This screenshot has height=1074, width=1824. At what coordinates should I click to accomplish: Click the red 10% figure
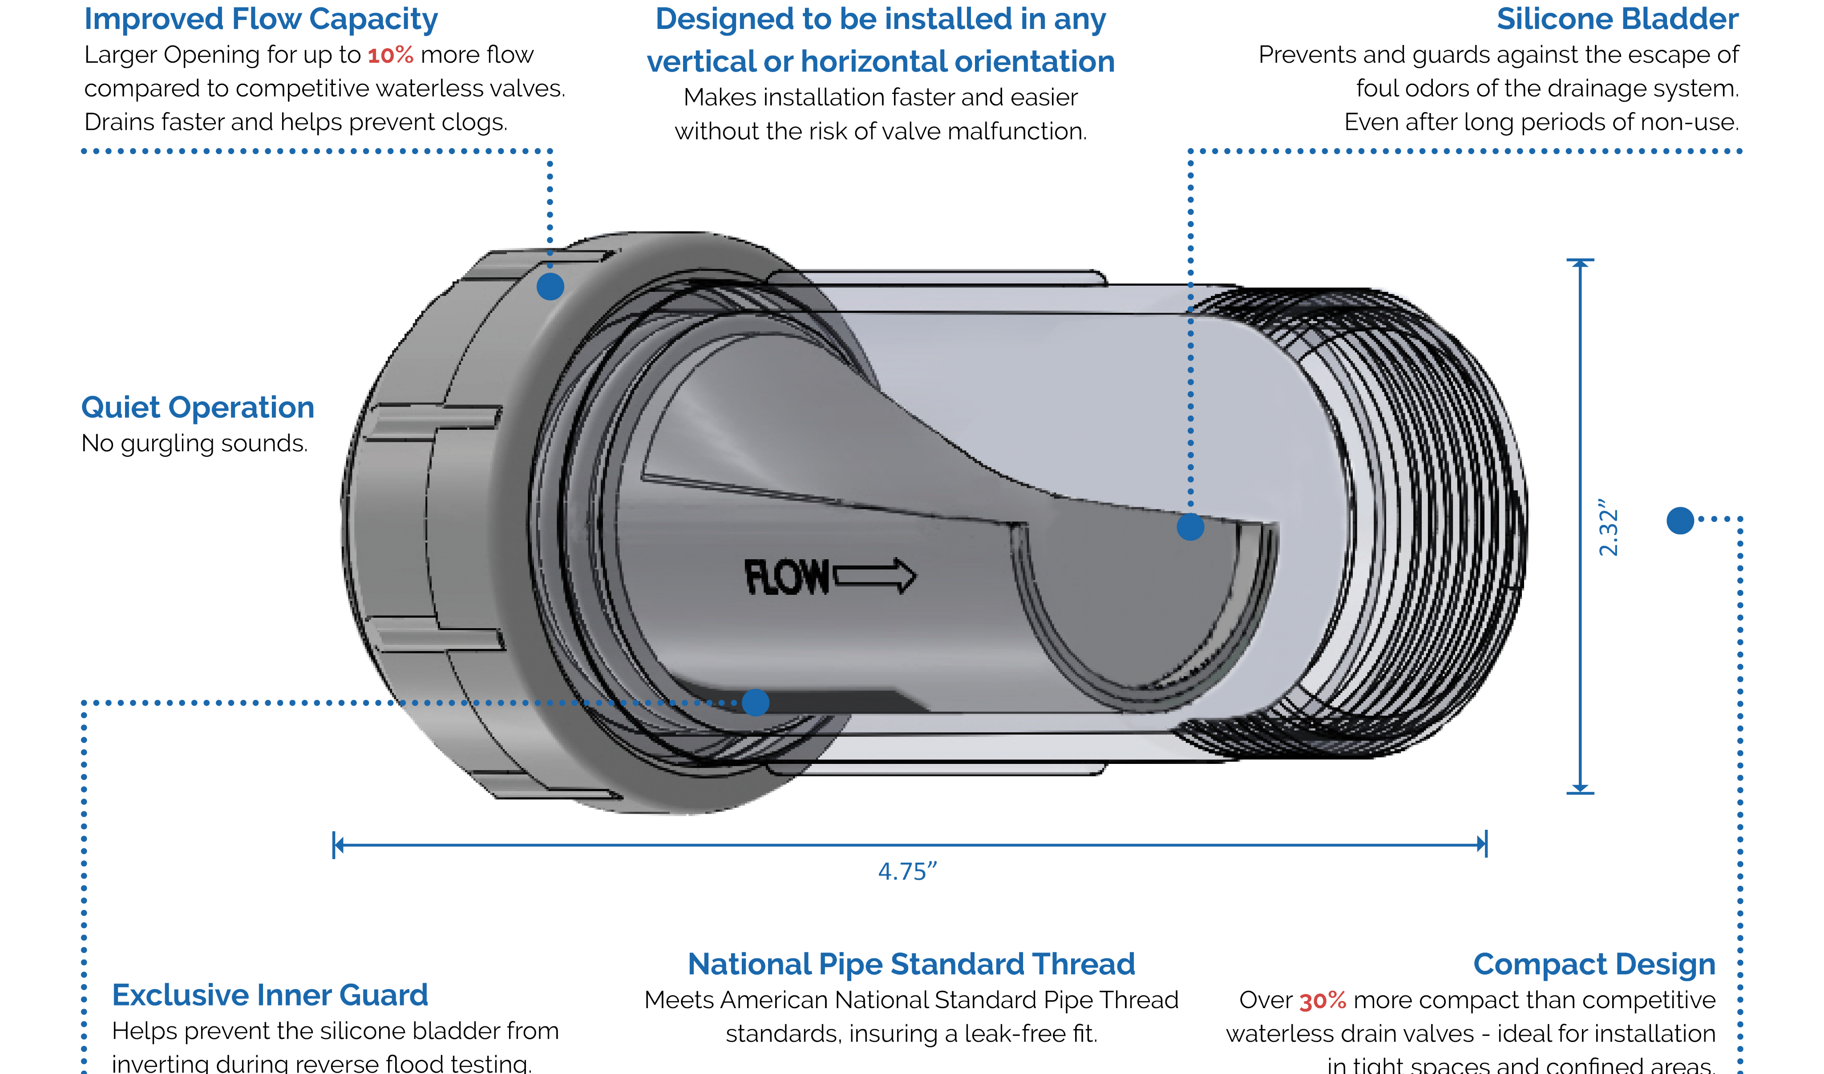point(390,55)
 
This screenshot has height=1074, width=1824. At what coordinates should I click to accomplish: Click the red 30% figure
point(1323,1001)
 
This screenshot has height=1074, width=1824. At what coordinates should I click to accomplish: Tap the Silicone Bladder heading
point(1618,19)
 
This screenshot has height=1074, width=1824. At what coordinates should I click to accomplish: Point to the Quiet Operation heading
point(198,408)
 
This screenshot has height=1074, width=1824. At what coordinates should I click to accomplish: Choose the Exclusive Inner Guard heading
point(270,995)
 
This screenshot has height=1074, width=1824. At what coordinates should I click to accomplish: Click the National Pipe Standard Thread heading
point(911,965)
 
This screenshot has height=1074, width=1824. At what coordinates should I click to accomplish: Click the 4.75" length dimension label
point(908,872)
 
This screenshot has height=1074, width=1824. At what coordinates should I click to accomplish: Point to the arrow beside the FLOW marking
point(874,576)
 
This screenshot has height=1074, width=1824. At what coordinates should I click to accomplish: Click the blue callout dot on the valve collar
point(550,287)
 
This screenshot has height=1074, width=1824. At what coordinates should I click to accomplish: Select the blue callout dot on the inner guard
point(756,702)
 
